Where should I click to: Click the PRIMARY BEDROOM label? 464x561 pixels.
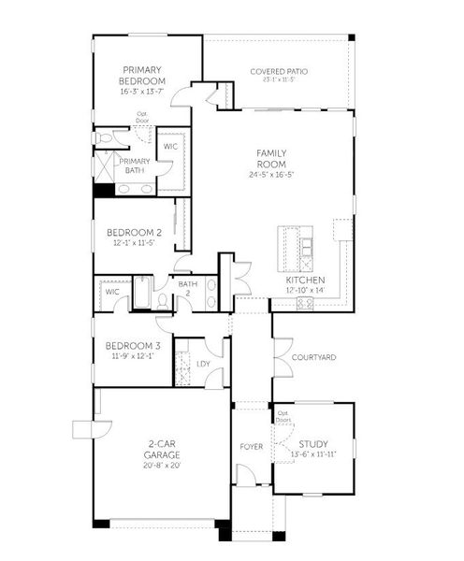pos(143,75)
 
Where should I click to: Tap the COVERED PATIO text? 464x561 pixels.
pos(279,71)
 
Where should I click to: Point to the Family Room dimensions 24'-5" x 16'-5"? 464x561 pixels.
pos(271,174)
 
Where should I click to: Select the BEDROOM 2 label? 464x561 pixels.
pos(134,232)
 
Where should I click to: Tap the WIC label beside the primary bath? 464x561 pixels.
pos(171,147)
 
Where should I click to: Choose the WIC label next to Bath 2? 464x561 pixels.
pos(112,292)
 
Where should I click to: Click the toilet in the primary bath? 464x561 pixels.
pos(103,137)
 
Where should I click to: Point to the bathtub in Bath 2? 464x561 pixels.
pos(143,294)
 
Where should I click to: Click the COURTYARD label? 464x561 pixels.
pos(313,357)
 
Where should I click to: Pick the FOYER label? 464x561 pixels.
pos(252,446)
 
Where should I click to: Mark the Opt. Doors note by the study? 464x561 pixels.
pos(283,416)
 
